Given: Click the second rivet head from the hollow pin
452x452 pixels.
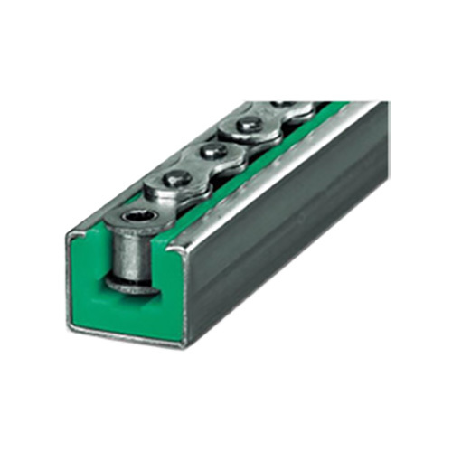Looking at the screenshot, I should coord(214,151).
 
